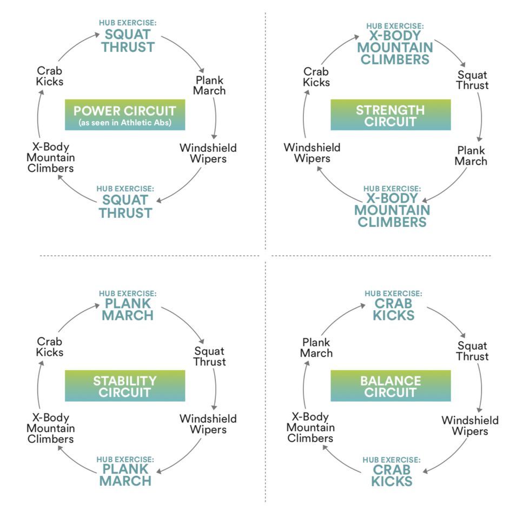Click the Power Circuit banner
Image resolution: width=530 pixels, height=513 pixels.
tap(125, 115)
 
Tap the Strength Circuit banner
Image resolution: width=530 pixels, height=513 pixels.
tap(390, 115)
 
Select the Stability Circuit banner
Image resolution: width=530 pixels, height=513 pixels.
tap(125, 386)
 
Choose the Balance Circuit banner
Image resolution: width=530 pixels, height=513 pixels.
tap(390, 386)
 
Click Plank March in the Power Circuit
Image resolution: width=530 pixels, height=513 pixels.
tap(209, 85)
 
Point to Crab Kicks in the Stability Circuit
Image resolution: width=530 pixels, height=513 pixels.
tap(50, 347)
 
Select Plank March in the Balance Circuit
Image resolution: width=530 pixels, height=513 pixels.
tap(317, 348)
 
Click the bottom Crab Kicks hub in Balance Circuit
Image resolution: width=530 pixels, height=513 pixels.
tap(393, 475)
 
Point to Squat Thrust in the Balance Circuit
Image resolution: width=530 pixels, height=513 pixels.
tap(472, 351)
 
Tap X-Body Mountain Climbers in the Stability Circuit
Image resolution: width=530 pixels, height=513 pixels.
tap(50, 428)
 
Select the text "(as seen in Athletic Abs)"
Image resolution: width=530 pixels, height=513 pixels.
tap(125, 123)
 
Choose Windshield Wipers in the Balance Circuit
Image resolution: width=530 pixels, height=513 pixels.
tap(470, 425)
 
